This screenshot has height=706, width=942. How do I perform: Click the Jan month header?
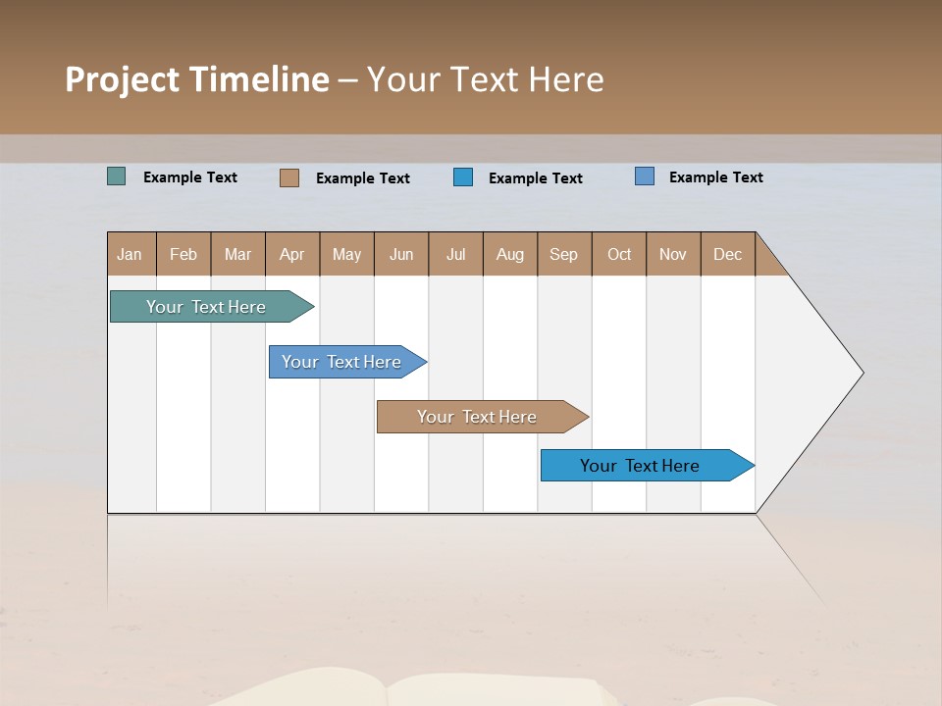tap(130, 254)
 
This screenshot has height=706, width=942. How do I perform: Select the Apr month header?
tap(291, 254)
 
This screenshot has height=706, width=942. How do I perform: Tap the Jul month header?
tap(455, 254)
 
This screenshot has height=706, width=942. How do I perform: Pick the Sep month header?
tap(563, 254)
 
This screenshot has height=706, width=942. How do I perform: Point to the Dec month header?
tap(727, 254)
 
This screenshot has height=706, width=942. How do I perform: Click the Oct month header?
tap(619, 254)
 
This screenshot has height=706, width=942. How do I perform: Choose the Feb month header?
tap(183, 254)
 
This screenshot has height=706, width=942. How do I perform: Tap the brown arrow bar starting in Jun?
tap(478, 417)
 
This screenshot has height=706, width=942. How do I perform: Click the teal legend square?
tap(117, 176)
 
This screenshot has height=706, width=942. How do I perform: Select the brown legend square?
tap(289, 177)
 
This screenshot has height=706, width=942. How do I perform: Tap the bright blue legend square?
tap(463, 176)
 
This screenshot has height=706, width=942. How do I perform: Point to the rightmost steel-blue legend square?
tap(645, 176)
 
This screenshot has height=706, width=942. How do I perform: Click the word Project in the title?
tap(122, 79)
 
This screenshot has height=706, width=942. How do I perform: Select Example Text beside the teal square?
tap(190, 177)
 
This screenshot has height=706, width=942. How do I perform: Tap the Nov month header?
tap(673, 254)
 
